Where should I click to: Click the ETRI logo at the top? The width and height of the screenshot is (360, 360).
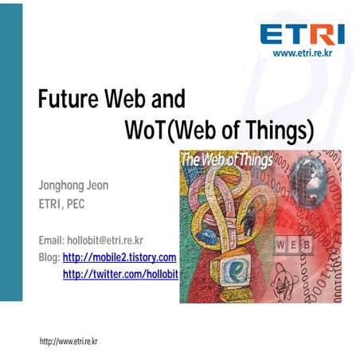click(301, 34)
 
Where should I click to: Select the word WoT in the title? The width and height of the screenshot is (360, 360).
click(143, 128)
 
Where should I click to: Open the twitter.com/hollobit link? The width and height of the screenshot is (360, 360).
click(119, 274)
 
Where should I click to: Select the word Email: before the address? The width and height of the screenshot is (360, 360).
click(51, 240)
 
